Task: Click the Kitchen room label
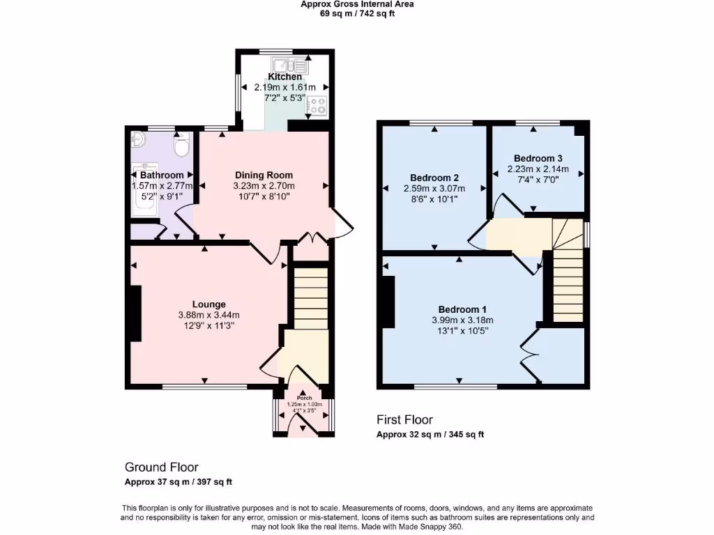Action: click(x=284, y=77)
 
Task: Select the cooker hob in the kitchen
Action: click(x=317, y=106)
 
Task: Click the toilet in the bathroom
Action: click(x=181, y=147)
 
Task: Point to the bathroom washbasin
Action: click(x=137, y=140)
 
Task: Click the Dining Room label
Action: click(x=264, y=175)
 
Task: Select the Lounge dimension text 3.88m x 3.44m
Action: click(x=209, y=315)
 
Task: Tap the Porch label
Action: click(x=302, y=398)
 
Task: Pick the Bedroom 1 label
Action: click(x=462, y=309)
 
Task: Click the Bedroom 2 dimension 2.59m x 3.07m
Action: click(x=434, y=189)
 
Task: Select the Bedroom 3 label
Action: click(x=538, y=157)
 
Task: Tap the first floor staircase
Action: click(x=568, y=279)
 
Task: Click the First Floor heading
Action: click(x=404, y=419)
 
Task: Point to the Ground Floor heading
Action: click(x=161, y=467)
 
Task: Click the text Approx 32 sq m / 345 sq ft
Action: click(x=430, y=435)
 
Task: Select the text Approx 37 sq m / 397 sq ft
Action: click(x=178, y=482)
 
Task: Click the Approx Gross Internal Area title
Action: click(x=357, y=4)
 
